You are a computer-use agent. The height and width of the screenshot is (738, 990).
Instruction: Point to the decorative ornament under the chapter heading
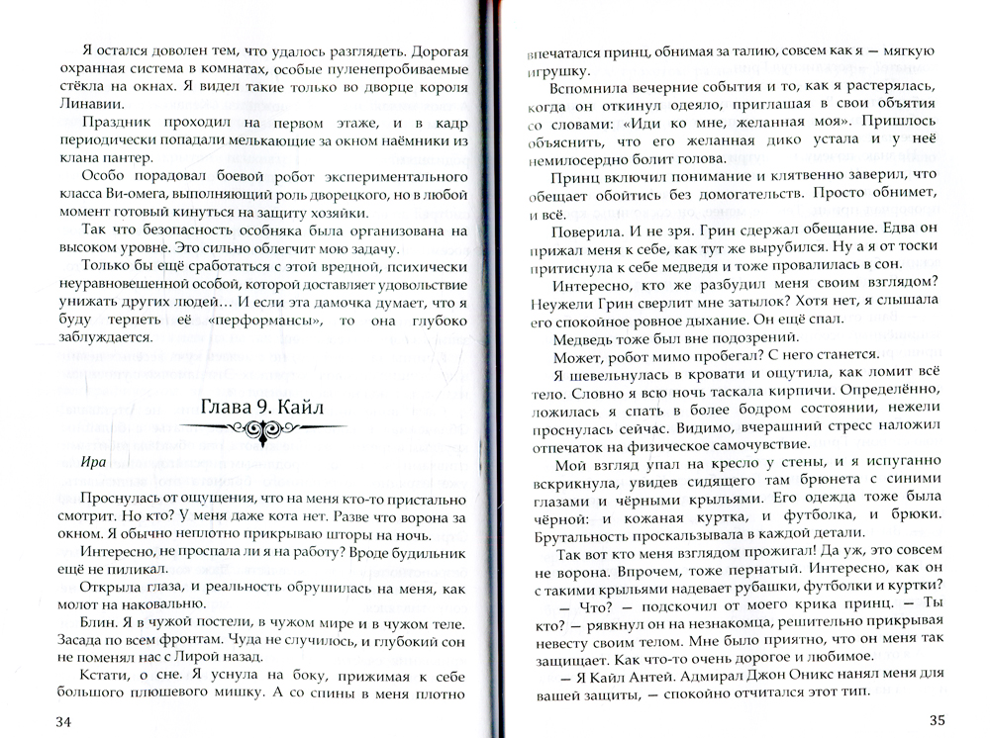[x=262, y=429]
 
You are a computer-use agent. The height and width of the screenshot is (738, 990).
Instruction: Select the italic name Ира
[x=94, y=462]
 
